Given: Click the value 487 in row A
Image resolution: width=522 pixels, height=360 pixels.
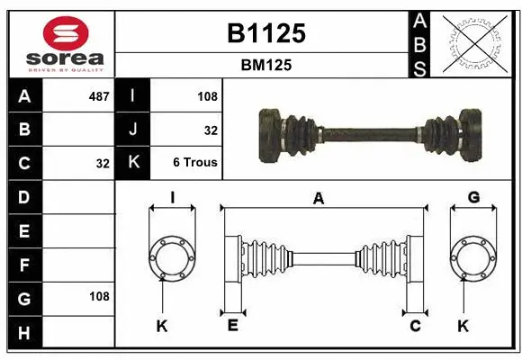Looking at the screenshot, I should tap(98, 95).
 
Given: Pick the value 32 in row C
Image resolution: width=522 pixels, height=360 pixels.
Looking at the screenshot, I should tap(103, 164).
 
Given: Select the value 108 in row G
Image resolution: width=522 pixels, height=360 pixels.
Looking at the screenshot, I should tap(99, 296).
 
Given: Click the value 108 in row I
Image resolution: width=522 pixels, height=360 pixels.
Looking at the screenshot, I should tap(207, 95).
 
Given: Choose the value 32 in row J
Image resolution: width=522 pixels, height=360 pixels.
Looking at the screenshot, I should tap(211, 130).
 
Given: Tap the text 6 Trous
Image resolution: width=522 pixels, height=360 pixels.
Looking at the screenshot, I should tap(195, 164).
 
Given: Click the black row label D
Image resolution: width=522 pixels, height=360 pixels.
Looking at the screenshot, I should tap(24, 196).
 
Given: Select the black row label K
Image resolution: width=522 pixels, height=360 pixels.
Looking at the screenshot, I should tap(133, 163).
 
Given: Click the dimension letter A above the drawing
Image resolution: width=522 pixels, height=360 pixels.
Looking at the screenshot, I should tap(318, 199).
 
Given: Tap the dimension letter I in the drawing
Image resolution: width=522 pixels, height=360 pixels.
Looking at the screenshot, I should tap(172, 197).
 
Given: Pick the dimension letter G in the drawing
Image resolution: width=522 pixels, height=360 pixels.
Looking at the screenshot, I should tap(473, 197).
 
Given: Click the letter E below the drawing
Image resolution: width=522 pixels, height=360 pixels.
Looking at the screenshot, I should tap(232, 325).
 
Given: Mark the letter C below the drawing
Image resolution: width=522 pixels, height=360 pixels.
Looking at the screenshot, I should tap(415, 325).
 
